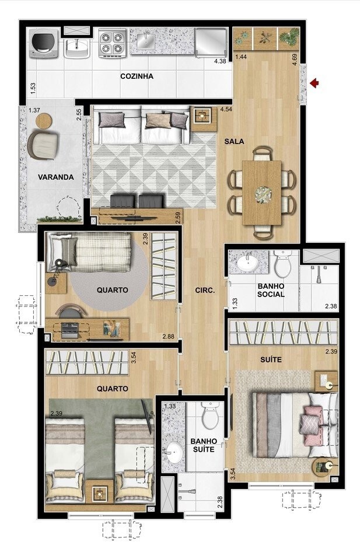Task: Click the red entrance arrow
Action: [314, 83]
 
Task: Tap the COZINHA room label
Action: [137, 76]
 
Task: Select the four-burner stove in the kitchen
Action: [113, 44]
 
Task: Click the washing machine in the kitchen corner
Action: [44, 43]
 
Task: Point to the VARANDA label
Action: [56, 177]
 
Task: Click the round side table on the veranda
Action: [44, 121]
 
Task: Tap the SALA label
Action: [234, 142]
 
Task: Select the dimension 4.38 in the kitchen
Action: [220, 61]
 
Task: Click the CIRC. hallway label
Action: [205, 291]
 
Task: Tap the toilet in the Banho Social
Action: [282, 264]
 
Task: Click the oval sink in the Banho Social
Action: [248, 262]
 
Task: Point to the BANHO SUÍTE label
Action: [204, 445]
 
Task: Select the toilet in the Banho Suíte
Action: [209, 416]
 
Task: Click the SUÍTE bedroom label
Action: [271, 359]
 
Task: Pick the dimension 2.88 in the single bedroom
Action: [168, 337]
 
